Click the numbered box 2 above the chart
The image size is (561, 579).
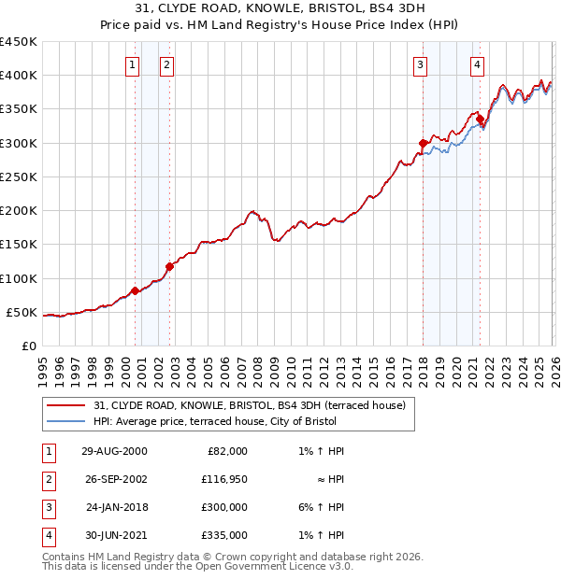pyautogui.click(x=165, y=64)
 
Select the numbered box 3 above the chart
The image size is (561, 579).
pyautogui.click(x=421, y=64)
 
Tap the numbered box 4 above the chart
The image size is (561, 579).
pyautogui.click(x=477, y=64)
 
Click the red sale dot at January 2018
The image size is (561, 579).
pyautogui.click(x=423, y=144)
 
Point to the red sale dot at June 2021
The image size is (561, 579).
pyautogui.click(x=480, y=119)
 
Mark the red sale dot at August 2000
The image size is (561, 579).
pyautogui.click(x=135, y=290)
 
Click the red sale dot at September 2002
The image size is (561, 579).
pyautogui.click(x=169, y=266)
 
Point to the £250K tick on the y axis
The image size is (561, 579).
pyautogui.click(x=19, y=177)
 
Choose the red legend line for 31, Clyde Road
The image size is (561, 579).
pyautogui.click(x=65, y=405)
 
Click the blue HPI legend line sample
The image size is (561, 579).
pyautogui.click(x=65, y=422)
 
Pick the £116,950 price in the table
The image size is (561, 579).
pyautogui.click(x=225, y=478)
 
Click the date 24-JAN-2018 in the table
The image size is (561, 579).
pyautogui.click(x=116, y=507)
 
